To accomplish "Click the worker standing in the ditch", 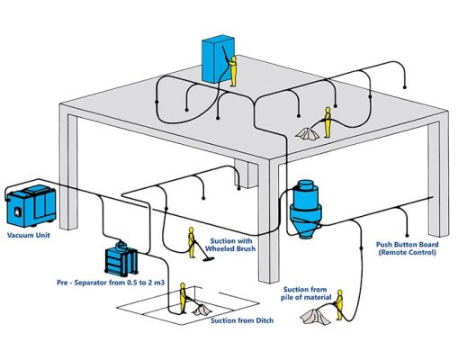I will click(x=182, y=296).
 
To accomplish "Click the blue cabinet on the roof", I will click(x=218, y=58).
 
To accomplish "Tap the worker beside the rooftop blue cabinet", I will click(x=233, y=71).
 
